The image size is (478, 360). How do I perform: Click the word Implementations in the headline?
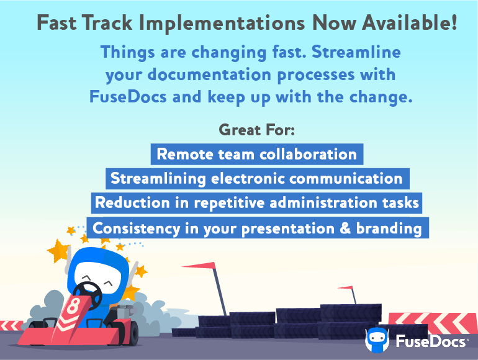222,24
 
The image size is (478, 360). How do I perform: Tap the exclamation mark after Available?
454,22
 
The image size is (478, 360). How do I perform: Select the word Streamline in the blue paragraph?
356,52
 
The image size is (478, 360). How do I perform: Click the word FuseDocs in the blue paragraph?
128,97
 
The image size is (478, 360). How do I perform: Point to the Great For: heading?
256,130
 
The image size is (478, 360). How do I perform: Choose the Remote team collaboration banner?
256,155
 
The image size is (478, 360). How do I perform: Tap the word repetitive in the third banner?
229,204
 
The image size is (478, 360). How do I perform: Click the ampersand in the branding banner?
345,228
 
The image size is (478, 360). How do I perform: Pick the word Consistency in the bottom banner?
137,228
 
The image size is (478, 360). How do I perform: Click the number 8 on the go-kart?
73,306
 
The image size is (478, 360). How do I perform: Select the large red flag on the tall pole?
200,266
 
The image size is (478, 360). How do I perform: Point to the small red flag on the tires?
345,287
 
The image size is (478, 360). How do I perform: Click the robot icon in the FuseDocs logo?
377,340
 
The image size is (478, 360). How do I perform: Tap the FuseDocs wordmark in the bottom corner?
431,341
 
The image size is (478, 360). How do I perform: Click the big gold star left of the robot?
58,251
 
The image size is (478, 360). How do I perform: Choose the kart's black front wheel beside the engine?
133,331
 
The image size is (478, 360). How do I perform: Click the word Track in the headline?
107,23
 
